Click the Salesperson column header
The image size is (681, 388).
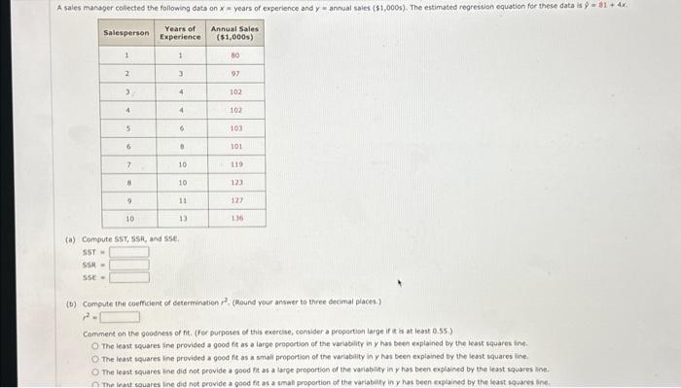coord(126,32)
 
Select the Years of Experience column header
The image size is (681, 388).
coord(180,32)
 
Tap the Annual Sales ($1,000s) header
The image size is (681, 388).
coord(235,32)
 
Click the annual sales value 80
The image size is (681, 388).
coord(235,54)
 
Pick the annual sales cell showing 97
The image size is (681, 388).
coord(235,73)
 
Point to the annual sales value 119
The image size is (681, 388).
coord(235,164)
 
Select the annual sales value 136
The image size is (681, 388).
coord(235,220)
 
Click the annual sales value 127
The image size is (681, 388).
coord(235,201)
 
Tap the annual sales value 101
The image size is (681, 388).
coord(235,146)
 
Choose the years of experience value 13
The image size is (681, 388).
coord(181,220)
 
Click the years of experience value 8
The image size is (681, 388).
coord(181,146)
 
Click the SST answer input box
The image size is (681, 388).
coord(129,252)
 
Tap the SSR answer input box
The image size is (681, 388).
coord(129,265)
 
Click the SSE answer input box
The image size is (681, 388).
coord(129,277)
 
